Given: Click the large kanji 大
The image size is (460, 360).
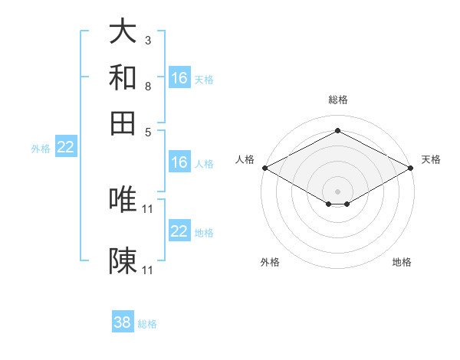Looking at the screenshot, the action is click(123, 31).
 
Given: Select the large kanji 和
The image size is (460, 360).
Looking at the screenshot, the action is click(123, 77).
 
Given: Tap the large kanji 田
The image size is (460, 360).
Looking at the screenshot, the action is click(123, 123).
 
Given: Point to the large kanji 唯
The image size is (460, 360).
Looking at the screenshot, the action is click(123, 199).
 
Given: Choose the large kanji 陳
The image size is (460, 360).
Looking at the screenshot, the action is click(123, 260).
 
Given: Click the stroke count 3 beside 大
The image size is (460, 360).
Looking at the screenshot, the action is click(148, 40).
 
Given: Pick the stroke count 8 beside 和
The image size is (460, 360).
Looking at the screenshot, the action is click(148, 87).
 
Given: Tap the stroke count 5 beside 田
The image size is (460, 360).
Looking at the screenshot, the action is click(148, 133).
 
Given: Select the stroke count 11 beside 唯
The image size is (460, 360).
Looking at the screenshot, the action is click(147, 209).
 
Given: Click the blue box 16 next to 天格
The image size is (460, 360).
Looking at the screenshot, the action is click(179, 77).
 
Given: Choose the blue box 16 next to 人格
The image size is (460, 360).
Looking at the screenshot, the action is click(179, 162).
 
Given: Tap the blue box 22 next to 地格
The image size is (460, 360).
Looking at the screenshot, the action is click(179, 230).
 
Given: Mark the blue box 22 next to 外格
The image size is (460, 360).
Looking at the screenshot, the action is click(66, 146).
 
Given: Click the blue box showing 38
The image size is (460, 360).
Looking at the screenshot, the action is click(123, 321).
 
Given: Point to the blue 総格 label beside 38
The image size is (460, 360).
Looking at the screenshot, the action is click(147, 324).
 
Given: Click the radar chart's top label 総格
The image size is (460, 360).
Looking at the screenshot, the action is click(338, 100).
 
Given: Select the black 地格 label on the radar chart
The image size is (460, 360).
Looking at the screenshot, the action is click(402, 262).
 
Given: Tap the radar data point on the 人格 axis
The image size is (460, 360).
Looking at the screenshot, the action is click(265, 168).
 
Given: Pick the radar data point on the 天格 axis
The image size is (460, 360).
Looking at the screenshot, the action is click(411, 168).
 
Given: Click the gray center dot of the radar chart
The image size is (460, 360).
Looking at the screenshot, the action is click(337, 191).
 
